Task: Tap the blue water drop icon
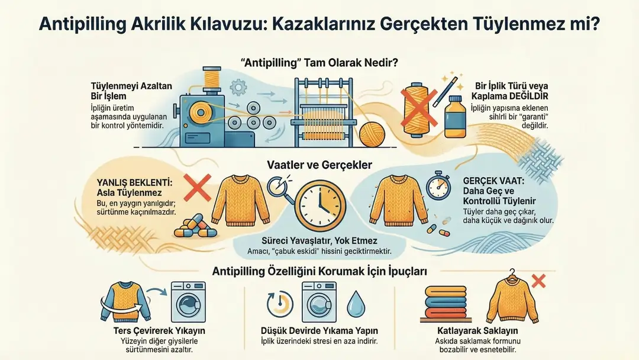click(356, 304)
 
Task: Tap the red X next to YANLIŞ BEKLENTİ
click(198, 188)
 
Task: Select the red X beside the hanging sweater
click(539, 281)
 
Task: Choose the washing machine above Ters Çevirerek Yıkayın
click(188, 302)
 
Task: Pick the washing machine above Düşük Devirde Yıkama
click(319, 302)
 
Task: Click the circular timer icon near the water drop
click(280, 304)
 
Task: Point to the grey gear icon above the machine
click(238, 87)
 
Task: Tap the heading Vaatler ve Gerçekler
click(319, 165)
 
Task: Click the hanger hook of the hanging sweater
click(512, 272)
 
